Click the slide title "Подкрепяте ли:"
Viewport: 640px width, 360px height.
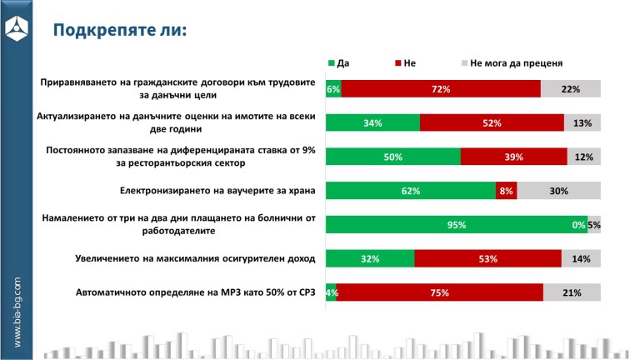point(120,31)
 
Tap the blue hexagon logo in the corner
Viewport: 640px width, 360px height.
point(17,28)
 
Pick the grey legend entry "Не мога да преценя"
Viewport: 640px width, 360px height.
point(512,62)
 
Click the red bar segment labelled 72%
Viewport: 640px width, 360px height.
point(441,89)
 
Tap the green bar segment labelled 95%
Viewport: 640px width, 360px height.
point(456,224)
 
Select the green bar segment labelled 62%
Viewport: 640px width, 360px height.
point(410,191)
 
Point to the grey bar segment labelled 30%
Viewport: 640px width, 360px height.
point(559,191)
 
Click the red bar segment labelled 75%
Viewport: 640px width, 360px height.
point(440,292)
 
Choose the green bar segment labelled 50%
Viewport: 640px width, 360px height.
point(392,157)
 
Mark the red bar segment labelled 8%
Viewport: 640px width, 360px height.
point(507,191)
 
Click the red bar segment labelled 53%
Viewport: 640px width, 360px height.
point(487,258)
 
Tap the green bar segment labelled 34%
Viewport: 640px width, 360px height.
point(372,123)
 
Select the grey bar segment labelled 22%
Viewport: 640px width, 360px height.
point(571,89)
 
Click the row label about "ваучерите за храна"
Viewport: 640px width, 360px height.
point(217,191)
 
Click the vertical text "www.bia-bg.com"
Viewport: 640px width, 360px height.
point(17,312)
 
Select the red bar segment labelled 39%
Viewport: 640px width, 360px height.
point(513,157)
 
